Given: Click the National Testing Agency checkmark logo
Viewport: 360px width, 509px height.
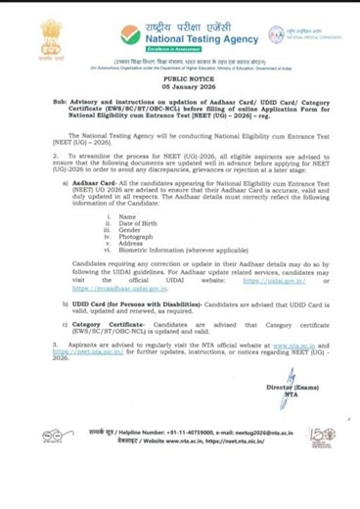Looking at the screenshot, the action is [129, 35].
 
